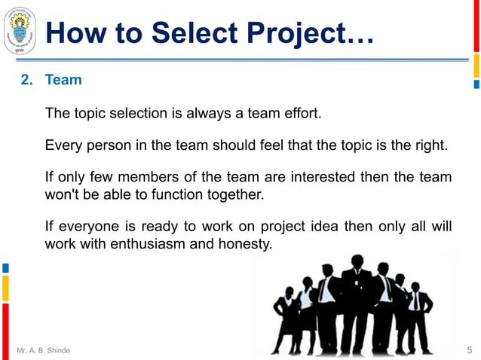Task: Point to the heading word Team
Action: pos(63,79)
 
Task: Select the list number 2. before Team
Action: pos(26,79)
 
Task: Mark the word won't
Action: pos(63,195)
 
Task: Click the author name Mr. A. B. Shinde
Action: pos(43,350)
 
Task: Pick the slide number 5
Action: pos(470,349)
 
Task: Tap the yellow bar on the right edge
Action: pos(476,69)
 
